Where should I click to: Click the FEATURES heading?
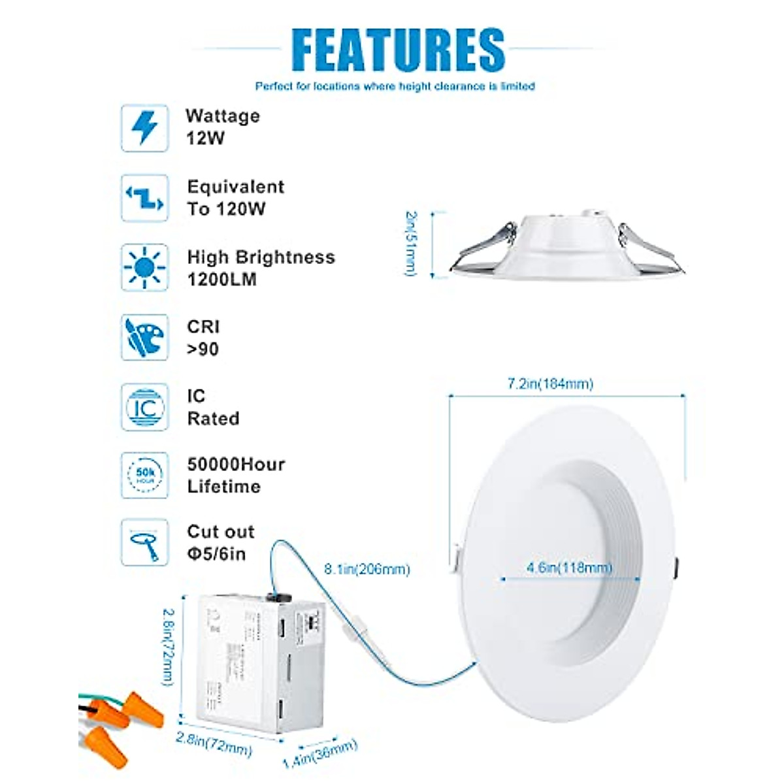point(398,50)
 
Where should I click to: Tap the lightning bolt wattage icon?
point(144,128)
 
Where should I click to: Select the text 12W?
point(205,139)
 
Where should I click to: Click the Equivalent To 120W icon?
point(144,198)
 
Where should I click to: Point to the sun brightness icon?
point(144,268)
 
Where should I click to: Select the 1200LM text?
point(221,280)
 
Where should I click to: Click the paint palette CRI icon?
point(144,337)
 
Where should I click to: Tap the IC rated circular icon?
point(144,407)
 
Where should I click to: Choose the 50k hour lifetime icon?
point(144,476)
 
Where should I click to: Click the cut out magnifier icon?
point(144,542)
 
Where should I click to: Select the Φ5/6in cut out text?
point(216,554)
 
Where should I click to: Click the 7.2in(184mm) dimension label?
point(550,384)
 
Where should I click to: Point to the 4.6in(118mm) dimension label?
point(569,568)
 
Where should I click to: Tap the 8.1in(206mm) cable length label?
point(367,570)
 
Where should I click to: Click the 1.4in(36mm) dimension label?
point(320,753)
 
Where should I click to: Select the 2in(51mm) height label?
point(411,243)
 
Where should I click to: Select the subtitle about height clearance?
point(395,86)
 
